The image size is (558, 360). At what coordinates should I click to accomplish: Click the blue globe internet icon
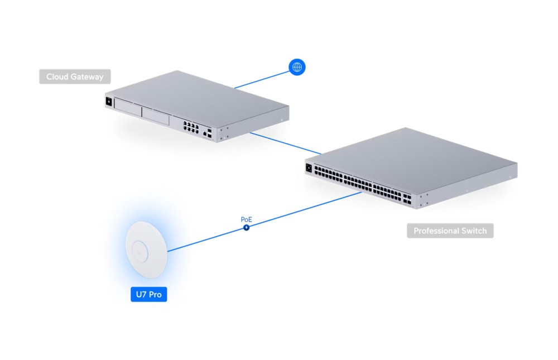(297, 67)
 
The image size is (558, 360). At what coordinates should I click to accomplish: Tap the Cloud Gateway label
(75, 76)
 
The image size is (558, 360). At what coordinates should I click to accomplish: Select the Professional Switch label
(450, 231)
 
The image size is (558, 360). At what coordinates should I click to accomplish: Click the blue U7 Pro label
(148, 294)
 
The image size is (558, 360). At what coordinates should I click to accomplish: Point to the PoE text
(246, 219)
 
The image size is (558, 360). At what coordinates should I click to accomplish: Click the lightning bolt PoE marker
(246, 227)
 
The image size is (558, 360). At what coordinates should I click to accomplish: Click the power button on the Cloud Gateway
(108, 102)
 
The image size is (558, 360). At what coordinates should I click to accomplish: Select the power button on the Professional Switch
(309, 166)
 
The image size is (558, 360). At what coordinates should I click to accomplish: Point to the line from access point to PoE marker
(206, 239)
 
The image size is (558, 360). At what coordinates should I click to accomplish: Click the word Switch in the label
(473, 231)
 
